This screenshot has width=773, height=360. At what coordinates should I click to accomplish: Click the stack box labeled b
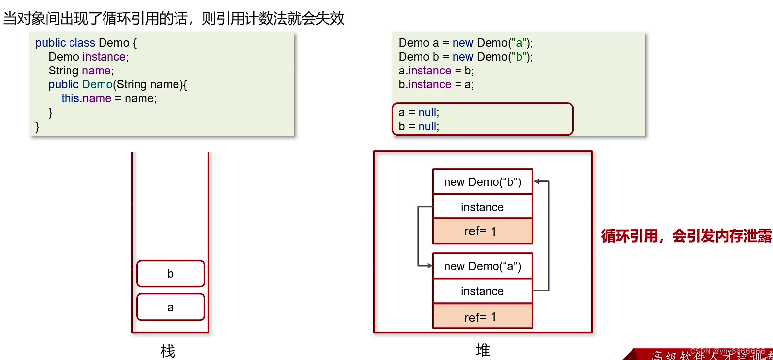[170, 274]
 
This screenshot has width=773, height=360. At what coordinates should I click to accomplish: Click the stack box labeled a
[170, 307]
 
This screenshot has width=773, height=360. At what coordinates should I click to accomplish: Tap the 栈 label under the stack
[168, 351]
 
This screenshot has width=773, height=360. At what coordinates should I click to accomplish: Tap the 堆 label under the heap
[483, 350]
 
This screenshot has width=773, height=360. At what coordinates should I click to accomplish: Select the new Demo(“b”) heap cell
[482, 182]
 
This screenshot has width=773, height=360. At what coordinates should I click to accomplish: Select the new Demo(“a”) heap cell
[482, 266]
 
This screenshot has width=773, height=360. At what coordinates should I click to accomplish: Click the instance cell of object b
[482, 207]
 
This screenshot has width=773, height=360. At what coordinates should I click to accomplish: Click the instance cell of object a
[482, 291]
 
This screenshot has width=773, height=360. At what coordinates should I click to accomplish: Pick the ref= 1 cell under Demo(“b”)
[482, 231]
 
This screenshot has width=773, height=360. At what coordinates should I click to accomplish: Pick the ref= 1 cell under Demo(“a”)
[482, 317]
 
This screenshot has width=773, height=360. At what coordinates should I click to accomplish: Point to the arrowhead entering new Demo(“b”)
[537, 181]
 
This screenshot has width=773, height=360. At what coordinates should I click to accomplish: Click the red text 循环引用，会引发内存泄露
[686, 236]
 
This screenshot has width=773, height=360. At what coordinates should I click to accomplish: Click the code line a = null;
[419, 112]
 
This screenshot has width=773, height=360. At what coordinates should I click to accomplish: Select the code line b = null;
[419, 126]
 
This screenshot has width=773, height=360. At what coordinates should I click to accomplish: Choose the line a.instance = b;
[436, 71]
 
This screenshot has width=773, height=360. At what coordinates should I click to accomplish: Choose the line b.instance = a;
[436, 84]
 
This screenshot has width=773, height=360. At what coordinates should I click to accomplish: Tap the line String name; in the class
[81, 71]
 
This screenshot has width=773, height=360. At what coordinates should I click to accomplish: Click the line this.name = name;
[108, 98]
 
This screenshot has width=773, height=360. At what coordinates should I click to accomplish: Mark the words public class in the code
[66, 43]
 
